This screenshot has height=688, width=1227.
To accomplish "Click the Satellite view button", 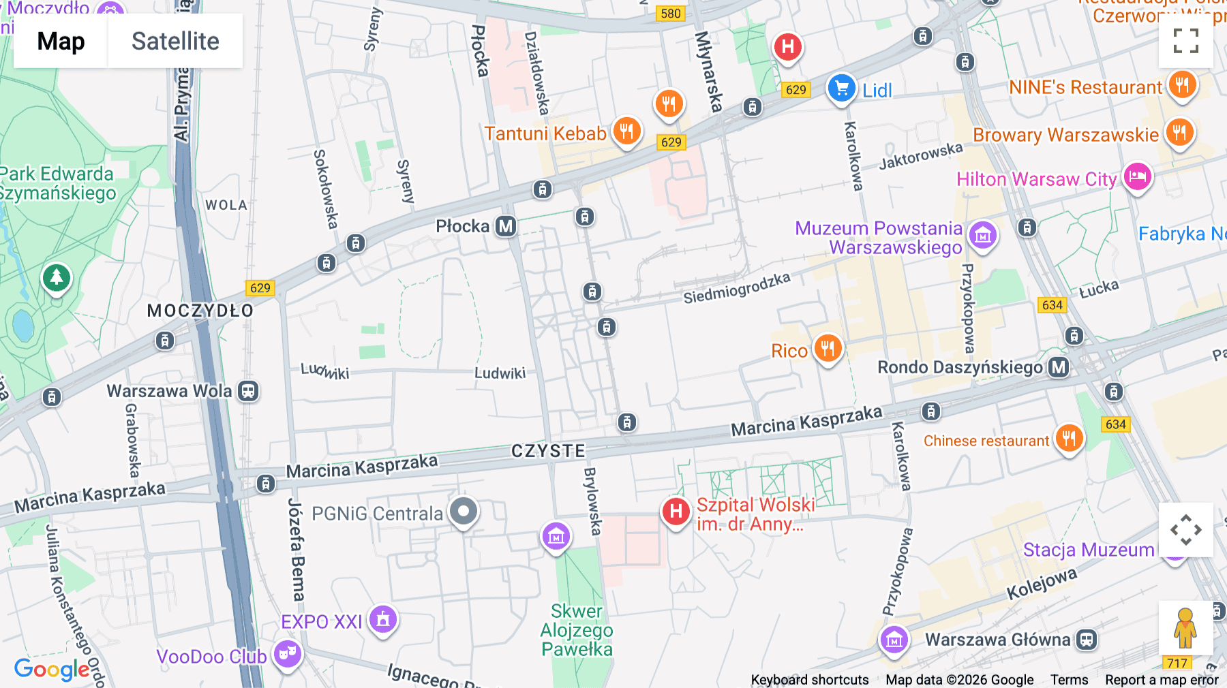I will point(175,41).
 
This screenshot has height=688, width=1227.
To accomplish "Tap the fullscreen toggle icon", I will point(1185,41).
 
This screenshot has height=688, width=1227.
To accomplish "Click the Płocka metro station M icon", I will point(506,226).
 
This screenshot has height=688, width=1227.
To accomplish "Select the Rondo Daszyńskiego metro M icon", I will point(1059,367).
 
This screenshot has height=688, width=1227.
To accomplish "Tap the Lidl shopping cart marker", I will point(842,89).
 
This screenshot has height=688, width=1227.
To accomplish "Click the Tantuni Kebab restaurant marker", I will point(626,131).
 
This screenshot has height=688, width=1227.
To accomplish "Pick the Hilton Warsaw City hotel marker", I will point(1137,177).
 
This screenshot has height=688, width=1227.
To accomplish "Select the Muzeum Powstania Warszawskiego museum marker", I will point(983,236).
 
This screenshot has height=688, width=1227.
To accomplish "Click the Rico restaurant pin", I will point(828,349).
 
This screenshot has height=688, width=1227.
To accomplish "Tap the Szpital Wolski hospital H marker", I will point(676,511).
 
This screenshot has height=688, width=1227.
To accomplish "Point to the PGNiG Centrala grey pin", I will point(464,511).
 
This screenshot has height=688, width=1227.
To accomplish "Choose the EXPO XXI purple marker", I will point(383,619).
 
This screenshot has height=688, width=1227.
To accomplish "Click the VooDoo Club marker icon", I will point(288,654).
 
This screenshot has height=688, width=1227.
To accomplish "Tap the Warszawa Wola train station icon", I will point(248,391).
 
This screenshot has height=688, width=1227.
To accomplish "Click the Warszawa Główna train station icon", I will point(1087,640).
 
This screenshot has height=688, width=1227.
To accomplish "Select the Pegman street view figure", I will point(1185,628).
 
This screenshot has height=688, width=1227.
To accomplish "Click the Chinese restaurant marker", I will point(1069,438).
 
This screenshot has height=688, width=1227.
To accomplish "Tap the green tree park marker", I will point(57,278).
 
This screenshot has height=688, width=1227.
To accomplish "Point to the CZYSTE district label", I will point(548,451).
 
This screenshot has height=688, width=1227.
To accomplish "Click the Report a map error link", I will point(1162,680).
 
